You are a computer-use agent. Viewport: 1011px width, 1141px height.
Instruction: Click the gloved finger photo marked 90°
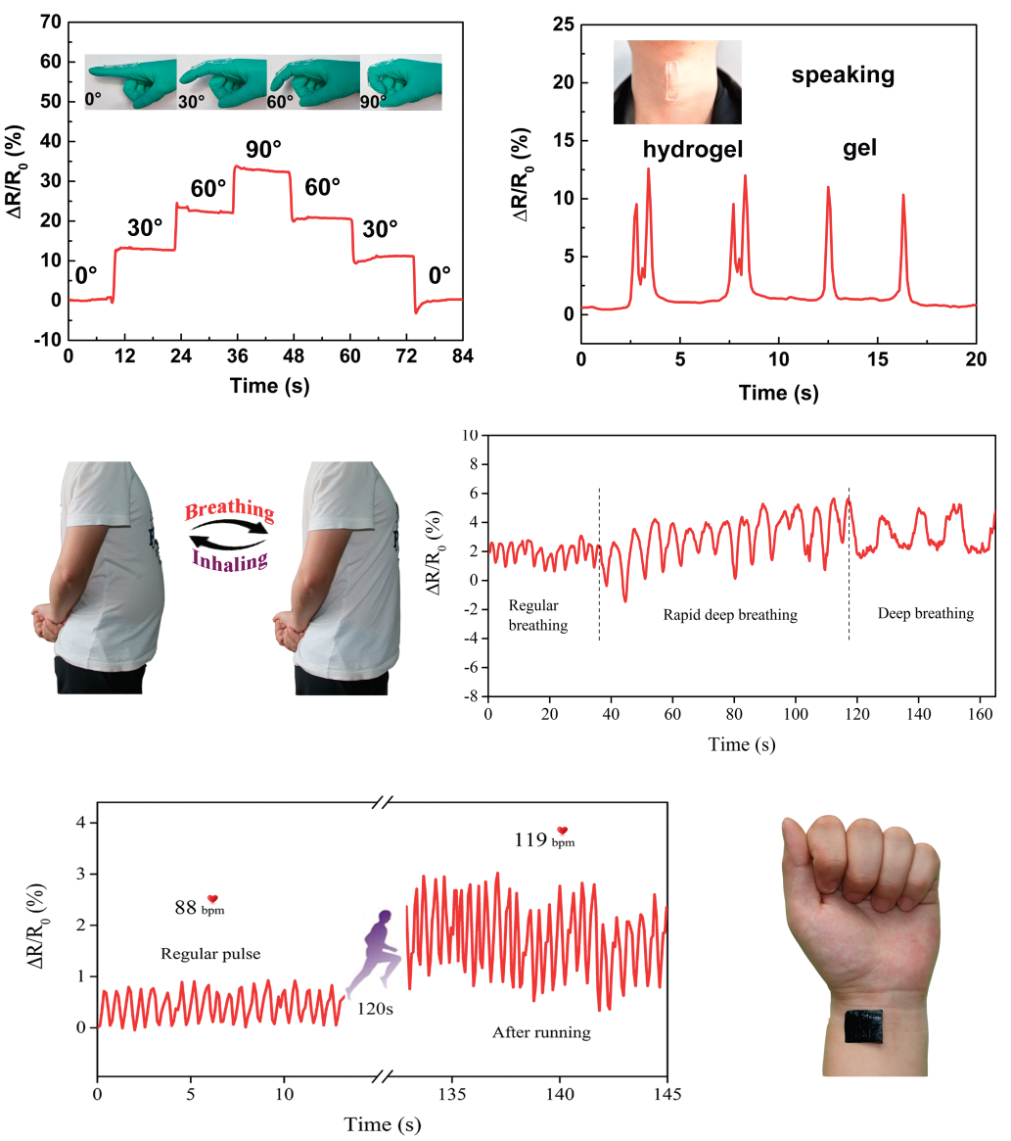401,82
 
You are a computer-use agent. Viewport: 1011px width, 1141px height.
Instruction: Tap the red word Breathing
230,510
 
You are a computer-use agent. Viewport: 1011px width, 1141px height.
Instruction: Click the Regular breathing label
538,614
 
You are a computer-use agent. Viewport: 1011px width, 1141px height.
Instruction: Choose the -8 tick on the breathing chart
471,696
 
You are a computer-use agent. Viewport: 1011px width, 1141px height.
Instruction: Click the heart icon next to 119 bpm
562,831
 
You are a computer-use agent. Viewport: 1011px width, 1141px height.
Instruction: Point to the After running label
541,1031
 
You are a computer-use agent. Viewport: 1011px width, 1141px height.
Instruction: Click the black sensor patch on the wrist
864,1029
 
